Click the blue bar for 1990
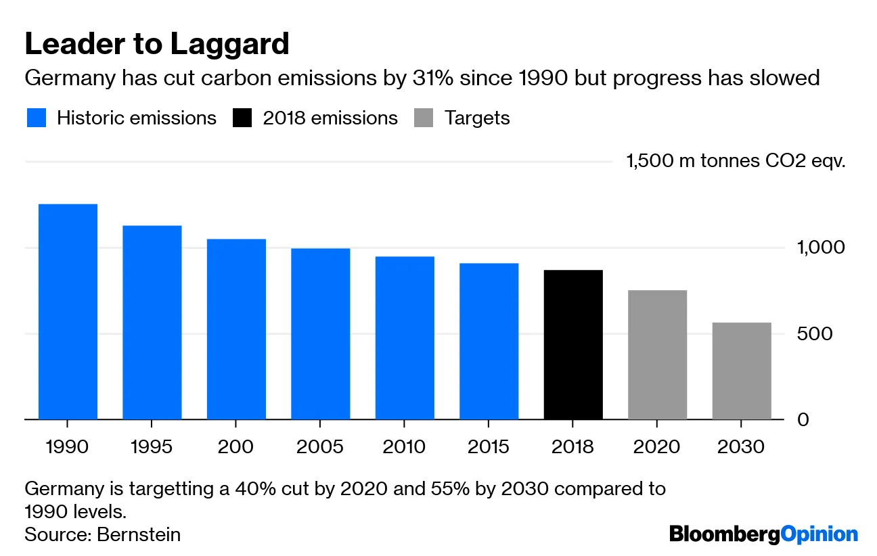tap(68, 311)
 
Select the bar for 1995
tap(152, 322)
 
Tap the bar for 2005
tap(321, 333)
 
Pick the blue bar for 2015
tap(489, 341)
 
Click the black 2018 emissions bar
tap(573, 344)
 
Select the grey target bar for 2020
tap(657, 354)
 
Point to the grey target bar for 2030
tap(742, 371)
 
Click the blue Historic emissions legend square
tap(36, 118)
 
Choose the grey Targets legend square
tap(424, 118)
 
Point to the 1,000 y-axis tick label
tap(821, 248)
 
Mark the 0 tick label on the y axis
tap(803, 420)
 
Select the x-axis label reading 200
tap(235, 447)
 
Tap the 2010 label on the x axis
tap(404, 447)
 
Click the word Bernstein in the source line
tap(139, 534)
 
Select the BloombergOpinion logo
tap(763, 534)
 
